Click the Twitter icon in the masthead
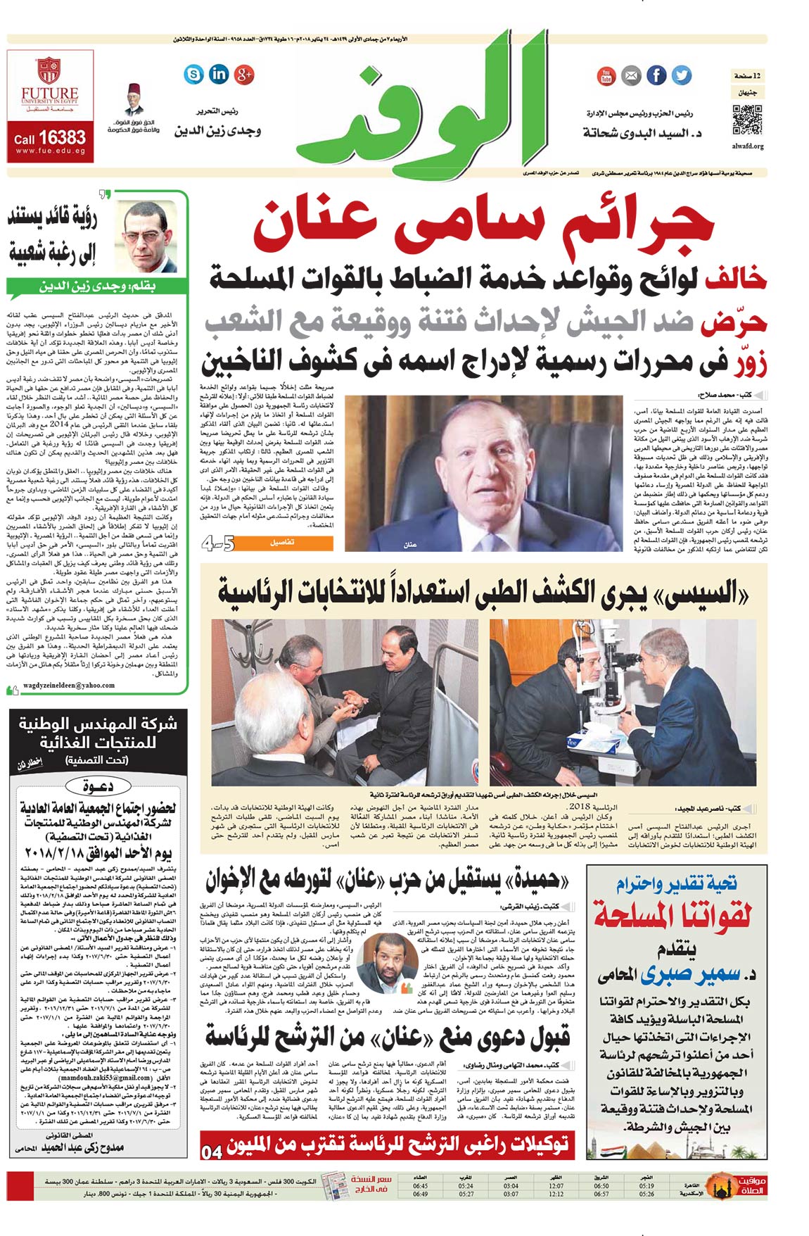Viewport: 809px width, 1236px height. click(x=681, y=75)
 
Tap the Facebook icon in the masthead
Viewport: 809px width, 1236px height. click(x=656, y=75)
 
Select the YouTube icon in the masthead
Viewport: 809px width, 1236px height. click(x=606, y=76)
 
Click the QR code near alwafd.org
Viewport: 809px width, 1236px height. click(x=747, y=119)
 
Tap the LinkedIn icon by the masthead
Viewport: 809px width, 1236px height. click(x=219, y=73)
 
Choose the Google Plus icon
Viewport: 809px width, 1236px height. click(x=244, y=73)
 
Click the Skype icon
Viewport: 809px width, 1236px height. click(x=193, y=73)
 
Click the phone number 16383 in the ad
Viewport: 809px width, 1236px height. click(x=61, y=137)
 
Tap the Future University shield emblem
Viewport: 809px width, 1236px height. click(x=50, y=70)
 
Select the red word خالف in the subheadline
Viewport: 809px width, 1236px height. click(x=736, y=279)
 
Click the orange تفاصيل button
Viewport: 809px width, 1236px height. click(x=281, y=543)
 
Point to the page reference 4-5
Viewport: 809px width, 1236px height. click(x=218, y=543)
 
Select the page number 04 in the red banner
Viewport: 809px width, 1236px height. click(x=212, y=1152)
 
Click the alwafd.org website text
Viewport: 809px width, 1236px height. click(x=747, y=146)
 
